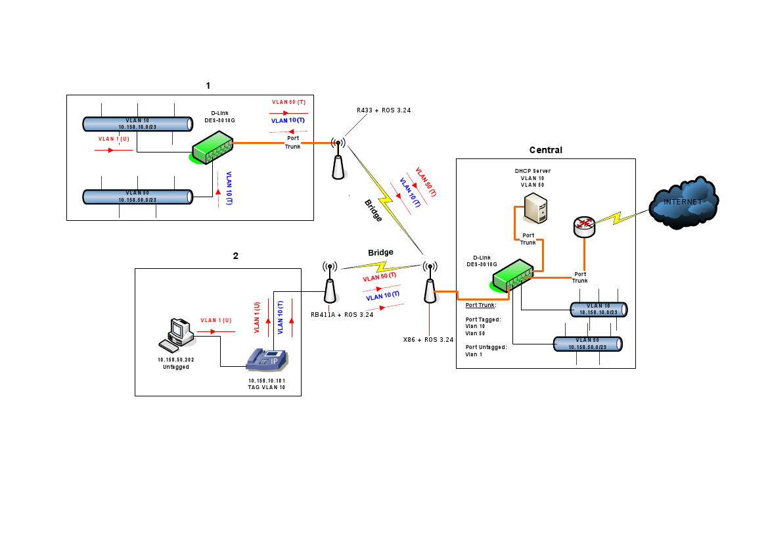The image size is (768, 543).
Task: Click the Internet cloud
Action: (683, 203)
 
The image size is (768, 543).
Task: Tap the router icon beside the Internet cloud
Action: (583, 227)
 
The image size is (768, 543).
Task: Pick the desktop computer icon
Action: (176, 334)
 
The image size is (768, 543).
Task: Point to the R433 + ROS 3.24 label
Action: (384, 110)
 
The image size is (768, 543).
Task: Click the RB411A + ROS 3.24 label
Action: (342, 314)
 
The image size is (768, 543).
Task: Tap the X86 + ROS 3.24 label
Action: (428, 339)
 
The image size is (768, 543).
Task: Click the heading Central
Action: (545, 150)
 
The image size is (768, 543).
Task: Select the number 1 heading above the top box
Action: (208, 85)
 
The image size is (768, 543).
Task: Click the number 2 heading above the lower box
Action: (235, 256)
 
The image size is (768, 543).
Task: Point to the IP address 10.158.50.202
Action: (176, 360)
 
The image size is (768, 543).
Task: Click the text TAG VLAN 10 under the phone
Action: (266, 388)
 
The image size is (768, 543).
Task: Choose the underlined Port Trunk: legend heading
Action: (481, 305)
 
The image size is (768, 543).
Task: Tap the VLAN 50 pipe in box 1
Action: (137, 196)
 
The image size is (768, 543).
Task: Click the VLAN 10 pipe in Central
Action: (598, 309)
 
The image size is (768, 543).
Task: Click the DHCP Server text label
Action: (532, 170)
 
